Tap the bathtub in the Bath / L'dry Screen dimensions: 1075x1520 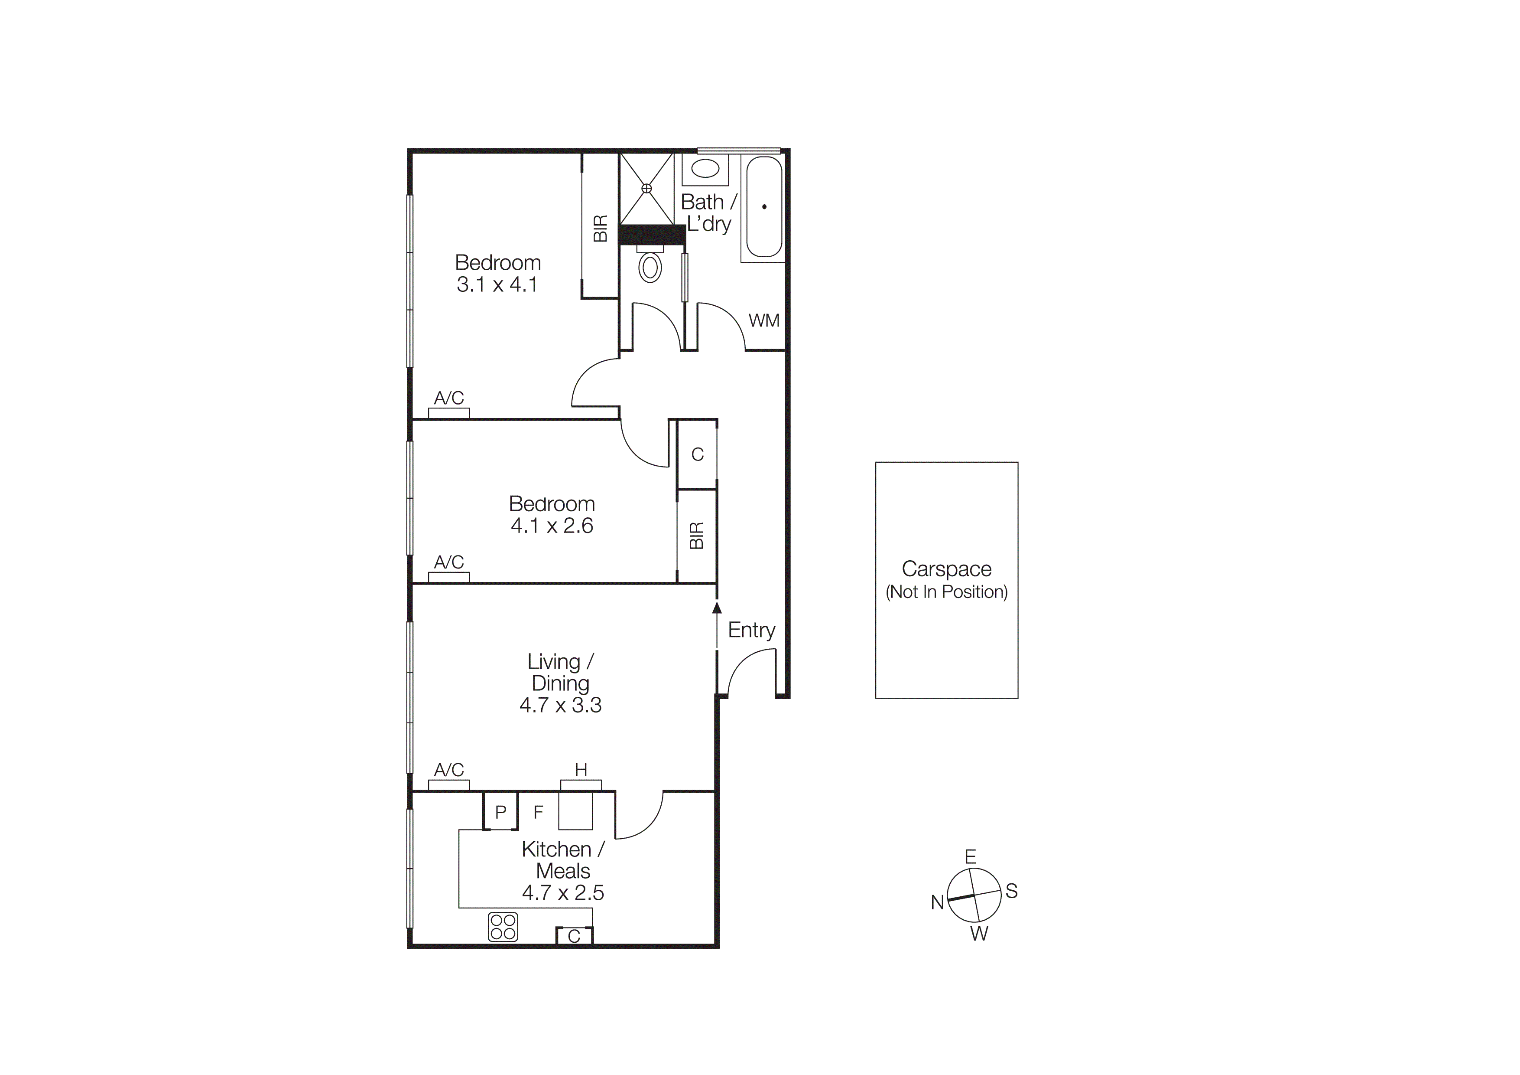[x=764, y=207]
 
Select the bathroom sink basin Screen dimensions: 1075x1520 [x=706, y=168]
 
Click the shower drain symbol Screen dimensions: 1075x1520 [x=647, y=189]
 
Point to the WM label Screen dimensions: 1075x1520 [x=764, y=320]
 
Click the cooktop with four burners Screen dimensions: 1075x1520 [x=503, y=927]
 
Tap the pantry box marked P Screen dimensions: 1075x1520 [x=500, y=811]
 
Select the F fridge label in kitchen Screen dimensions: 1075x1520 [x=538, y=811]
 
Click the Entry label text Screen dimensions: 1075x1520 [x=751, y=630]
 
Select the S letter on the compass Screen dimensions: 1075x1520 [x=1011, y=891]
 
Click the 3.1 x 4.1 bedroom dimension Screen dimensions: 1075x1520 [x=497, y=285]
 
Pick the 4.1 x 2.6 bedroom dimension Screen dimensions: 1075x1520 [x=552, y=526]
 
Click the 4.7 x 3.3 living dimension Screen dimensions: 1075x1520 [x=561, y=705]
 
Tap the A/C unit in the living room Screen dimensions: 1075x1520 [x=449, y=785]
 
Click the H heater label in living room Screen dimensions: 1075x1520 [x=581, y=770]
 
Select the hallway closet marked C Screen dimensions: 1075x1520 [x=697, y=454]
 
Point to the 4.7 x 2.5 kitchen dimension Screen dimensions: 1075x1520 [x=563, y=893]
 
